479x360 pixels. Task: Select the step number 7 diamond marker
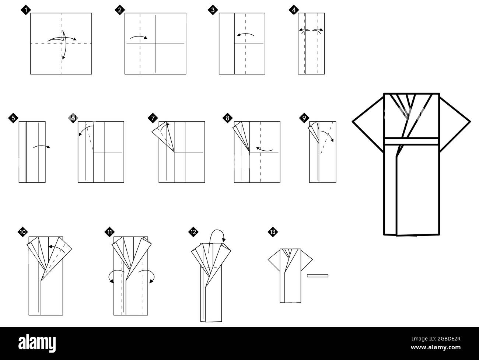[x=153, y=118]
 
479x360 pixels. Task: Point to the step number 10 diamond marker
[x=22, y=232]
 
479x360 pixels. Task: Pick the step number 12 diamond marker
[x=193, y=232]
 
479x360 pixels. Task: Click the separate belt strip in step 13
[x=317, y=275]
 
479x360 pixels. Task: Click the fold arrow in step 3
[x=245, y=35]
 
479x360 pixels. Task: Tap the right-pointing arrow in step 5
[x=41, y=147]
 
